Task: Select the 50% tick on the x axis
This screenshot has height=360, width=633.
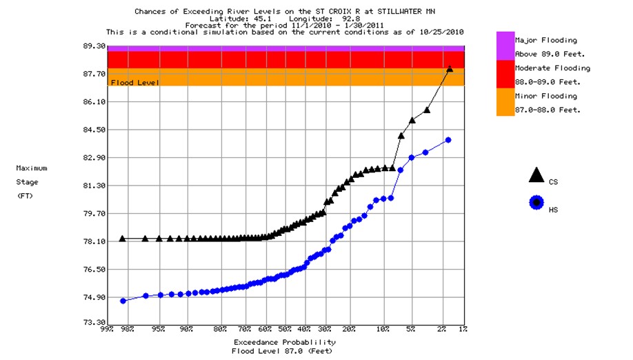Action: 284,329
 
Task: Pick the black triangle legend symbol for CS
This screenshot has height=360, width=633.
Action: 536,175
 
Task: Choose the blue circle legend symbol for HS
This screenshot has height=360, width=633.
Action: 536,203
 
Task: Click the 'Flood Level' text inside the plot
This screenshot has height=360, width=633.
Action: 135,83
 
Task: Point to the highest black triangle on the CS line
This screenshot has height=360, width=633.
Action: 450,69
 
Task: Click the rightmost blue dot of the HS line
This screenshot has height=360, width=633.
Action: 448,140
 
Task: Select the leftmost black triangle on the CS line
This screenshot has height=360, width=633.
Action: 123,239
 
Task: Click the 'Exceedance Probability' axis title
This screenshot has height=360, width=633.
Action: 284,342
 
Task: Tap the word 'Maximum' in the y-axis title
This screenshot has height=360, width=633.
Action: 32,168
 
